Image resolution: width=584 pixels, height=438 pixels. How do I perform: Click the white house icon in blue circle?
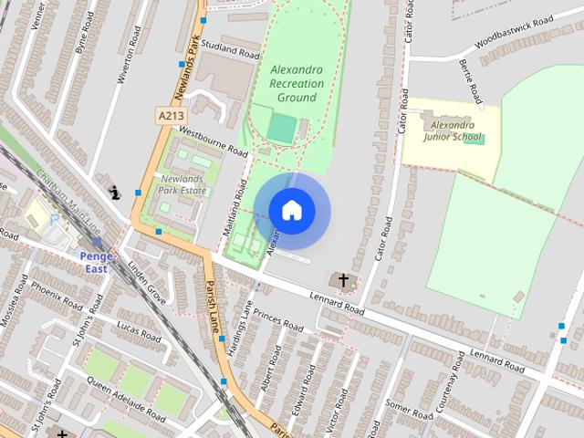(291, 210)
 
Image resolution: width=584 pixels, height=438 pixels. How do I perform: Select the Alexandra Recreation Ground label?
(297, 83)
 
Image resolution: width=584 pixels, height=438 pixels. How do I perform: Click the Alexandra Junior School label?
(453, 130)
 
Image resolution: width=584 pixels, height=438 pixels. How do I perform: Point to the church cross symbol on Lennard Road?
(344, 280)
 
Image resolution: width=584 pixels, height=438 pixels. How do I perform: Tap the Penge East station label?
(96, 262)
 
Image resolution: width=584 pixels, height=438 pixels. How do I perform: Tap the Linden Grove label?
(147, 282)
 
